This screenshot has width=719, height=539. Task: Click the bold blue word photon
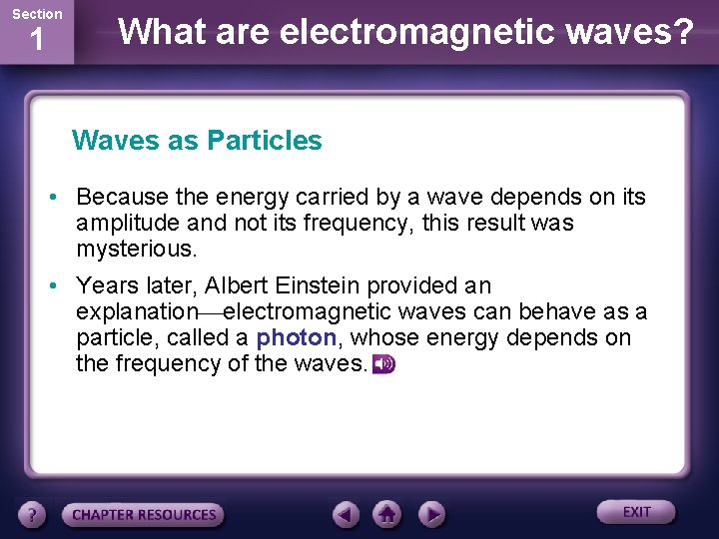pos(296,338)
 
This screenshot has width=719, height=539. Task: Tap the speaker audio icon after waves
pos(383,365)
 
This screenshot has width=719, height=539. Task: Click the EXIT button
pos(636,512)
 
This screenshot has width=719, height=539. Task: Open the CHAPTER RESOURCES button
pos(144,515)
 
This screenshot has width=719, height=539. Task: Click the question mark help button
pos(33,515)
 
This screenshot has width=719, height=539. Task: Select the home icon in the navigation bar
pos(387,514)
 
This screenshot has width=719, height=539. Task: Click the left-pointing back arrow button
pos(346,514)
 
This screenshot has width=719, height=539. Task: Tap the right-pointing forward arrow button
pos(430,514)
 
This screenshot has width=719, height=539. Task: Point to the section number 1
pos(36,42)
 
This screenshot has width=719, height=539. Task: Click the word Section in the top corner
pos(36,14)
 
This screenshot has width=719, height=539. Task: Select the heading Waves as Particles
pos(197,141)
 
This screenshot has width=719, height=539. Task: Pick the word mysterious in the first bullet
pos(137,249)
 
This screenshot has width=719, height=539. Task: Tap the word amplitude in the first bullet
pos(126,223)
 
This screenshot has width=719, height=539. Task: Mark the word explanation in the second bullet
pos(137,312)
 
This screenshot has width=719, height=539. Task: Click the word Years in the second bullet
pos(106,286)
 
